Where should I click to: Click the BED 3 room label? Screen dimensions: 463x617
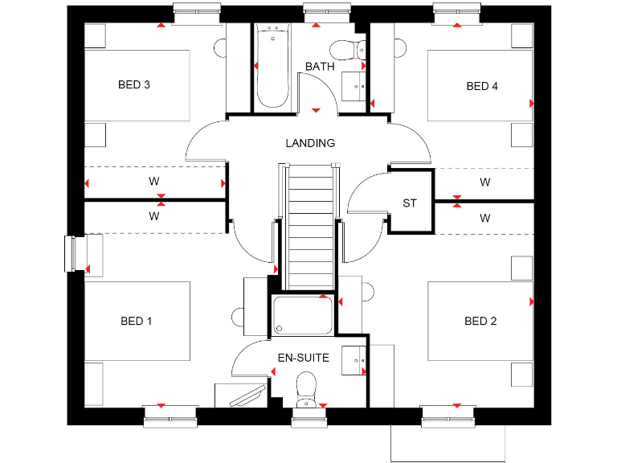(134, 84)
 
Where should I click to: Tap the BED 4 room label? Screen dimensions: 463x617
(482, 86)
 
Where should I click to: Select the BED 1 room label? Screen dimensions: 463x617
(137, 321)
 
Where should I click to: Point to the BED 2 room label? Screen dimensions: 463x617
(480, 321)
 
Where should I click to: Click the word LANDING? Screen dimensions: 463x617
(310, 143)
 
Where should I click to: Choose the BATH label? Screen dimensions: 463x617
(319, 67)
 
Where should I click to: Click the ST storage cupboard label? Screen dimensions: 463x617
(410, 203)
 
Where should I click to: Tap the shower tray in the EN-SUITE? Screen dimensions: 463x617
(303, 314)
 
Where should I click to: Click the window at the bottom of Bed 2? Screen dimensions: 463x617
(447, 414)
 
